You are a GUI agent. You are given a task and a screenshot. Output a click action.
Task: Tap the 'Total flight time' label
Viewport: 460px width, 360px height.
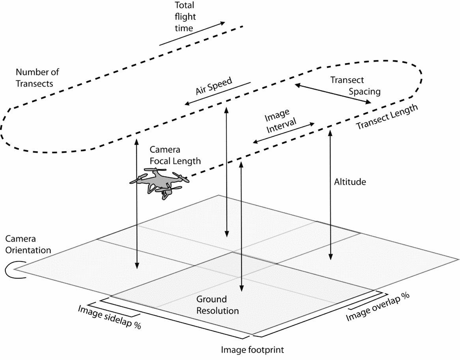click(x=184, y=17)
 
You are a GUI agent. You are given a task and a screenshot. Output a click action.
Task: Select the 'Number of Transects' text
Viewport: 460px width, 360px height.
click(x=37, y=78)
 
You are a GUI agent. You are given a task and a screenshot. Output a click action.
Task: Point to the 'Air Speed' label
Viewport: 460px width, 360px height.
click(x=213, y=86)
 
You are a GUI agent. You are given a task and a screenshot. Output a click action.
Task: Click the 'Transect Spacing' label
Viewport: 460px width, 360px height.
click(x=355, y=86)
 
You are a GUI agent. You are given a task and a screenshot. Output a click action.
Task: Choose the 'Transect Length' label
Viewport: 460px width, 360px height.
click(x=386, y=118)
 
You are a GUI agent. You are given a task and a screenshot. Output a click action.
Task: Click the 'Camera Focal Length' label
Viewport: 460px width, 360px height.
click(x=175, y=155)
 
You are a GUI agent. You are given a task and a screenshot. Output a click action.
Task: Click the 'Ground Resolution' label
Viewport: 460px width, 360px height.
click(x=217, y=305)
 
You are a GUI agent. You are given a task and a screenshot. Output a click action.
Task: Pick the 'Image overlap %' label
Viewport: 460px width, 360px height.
click(x=377, y=307)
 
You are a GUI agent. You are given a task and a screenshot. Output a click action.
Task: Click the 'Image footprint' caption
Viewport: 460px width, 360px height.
click(x=252, y=349)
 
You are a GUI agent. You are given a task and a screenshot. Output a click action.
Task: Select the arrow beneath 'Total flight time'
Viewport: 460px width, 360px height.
click(x=192, y=33)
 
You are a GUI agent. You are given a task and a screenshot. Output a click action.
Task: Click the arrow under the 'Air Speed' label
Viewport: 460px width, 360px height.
click(x=217, y=94)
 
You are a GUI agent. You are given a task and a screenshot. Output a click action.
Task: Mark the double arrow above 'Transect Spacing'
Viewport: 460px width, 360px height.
click(x=332, y=93)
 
